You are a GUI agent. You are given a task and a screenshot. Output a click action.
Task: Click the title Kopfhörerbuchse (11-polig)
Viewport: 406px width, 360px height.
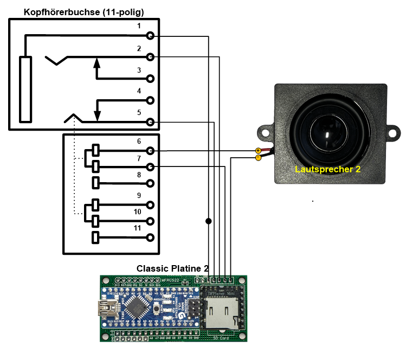tap(83, 11)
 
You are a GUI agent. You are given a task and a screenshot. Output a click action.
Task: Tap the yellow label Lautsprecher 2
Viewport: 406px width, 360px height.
tap(327, 169)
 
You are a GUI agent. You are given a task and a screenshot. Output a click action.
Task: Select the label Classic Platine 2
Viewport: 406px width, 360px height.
tap(172, 268)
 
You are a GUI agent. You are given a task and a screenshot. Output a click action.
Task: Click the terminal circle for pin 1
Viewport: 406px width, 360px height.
tap(150, 36)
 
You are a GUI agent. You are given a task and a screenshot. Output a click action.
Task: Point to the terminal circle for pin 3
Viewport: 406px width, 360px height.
tap(150, 79)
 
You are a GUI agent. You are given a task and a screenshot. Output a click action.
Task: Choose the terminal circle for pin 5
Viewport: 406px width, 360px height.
tap(150, 122)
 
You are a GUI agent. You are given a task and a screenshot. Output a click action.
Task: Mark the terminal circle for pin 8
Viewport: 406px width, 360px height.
tap(150, 183)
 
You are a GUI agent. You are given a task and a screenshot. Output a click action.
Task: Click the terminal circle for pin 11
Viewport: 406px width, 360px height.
tap(150, 237)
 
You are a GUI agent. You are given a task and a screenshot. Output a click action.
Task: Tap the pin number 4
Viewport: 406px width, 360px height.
tap(139, 91)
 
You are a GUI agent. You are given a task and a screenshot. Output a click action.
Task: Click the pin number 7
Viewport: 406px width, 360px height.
tap(139, 158)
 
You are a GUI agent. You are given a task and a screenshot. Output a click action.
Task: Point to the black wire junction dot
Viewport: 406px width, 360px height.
tap(208, 221)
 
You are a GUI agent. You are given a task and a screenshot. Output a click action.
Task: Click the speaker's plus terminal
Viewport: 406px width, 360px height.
tap(258, 150)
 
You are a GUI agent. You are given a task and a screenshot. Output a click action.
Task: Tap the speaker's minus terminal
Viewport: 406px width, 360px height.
tap(258, 158)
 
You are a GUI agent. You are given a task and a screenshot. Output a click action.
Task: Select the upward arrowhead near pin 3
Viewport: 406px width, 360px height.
tap(97, 63)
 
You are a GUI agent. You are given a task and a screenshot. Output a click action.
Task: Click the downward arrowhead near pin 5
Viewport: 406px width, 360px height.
tap(97, 115)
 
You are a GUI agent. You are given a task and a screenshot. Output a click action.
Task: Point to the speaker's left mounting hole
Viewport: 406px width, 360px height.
tap(265, 132)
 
